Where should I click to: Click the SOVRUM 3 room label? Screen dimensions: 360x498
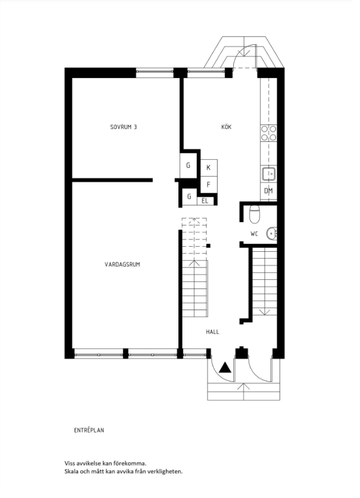click(123, 127)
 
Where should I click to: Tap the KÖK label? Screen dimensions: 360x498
click(227, 127)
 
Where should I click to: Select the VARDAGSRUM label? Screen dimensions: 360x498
click(122, 264)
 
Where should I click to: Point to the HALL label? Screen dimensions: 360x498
click(213, 332)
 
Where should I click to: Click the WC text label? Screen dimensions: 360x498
click(254, 234)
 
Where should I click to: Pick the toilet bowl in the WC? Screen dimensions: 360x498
click(254, 214)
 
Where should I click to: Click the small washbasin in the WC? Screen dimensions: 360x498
click(272, 234)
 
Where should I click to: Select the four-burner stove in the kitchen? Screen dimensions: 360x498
click(269, 133)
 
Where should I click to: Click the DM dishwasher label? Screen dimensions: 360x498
click(269, 191)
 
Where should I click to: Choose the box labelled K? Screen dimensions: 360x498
click(209, 167)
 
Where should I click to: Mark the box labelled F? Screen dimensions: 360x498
click(209, 184)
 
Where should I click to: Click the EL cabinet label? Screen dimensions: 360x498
click(205, 201)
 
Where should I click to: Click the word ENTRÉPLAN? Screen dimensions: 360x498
click(89, 430)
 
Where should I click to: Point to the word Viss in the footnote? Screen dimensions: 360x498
click(70, 463)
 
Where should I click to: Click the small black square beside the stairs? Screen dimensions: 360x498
click(209, 246)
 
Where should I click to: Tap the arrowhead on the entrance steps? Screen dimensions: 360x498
click(243, 386)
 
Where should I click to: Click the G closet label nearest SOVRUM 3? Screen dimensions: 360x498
click(188, 165)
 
